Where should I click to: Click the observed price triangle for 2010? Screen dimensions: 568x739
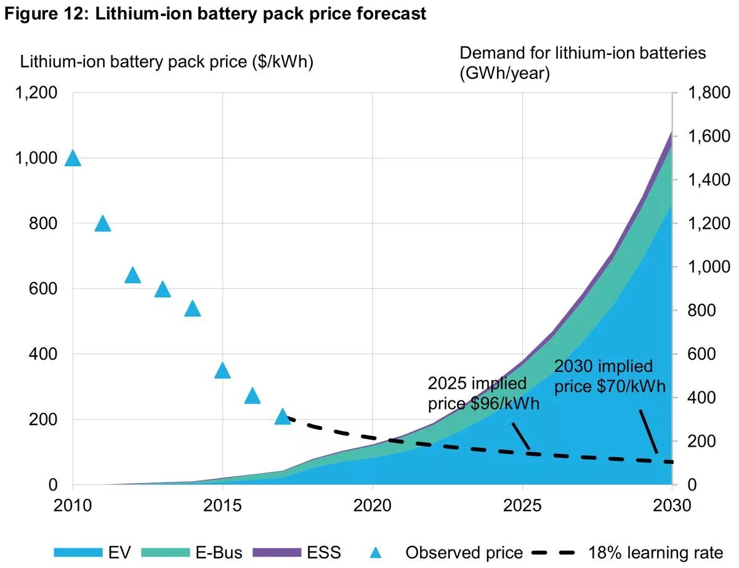pyautogui.click(x=73, y=159)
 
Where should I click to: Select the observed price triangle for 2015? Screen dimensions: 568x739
pyautogui.click(x=222, y=371)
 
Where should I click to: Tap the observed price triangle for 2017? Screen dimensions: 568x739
pyautogui.click(x=283, y=417)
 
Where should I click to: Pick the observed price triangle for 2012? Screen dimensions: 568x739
pyautogui.click(x=132, y=275)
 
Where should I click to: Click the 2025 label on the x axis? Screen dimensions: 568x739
pyautogui.click(x=522, y=506)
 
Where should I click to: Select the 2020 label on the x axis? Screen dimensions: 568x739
pyautogui.click(x=373, y=506)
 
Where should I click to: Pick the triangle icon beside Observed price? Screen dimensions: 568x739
pyautogui.click(x=376, y=553)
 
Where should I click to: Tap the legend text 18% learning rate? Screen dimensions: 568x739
pyautogui.click(x=655, y=552)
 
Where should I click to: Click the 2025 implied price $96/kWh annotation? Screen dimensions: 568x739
pyautogui.click(x=483, y=394)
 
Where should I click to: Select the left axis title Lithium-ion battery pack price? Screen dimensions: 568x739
pyautogui.click(x=167, y=62)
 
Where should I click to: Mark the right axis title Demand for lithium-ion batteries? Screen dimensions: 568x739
pyautogui.click(x=583, y=53)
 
